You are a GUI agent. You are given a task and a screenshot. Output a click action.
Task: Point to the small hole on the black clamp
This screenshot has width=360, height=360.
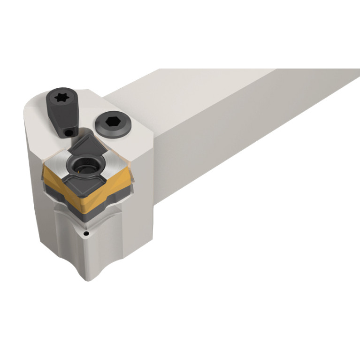[x=69, y=134]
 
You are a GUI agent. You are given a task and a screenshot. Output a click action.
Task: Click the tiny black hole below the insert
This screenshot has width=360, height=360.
[x=86, y=233]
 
